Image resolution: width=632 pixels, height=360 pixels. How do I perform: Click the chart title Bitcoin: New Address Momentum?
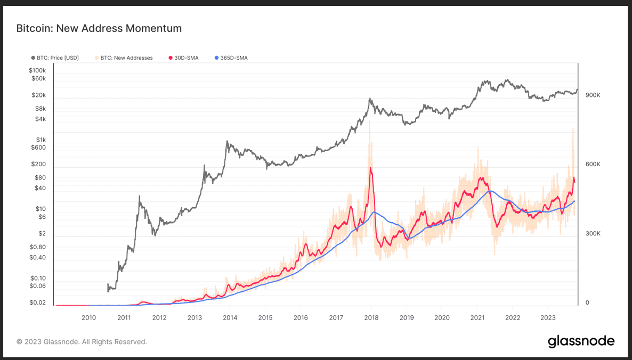(x=99, y=29)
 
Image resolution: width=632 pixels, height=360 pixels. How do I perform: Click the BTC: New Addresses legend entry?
(x=126, y=58)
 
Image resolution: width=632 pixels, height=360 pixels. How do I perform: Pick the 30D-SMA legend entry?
(x=186, y=58)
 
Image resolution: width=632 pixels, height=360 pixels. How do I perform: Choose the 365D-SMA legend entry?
(x=233, y=58)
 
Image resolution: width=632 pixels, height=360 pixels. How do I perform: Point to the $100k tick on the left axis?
(x=37, y=70)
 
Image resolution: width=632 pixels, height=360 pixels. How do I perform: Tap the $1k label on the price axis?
(x=40, y=140)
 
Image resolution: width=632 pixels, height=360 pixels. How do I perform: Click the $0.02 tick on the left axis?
(x=37, y=302)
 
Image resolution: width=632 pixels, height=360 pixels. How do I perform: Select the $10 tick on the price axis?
(x=40, y=209)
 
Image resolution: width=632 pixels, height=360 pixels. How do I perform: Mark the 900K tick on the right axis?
(x=593, y=95)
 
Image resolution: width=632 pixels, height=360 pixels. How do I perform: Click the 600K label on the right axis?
(x=593, y=164)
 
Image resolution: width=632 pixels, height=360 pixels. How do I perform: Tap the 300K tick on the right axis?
(x=593, y=233)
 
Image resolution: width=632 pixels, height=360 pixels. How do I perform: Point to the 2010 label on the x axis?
(x=88, y=318)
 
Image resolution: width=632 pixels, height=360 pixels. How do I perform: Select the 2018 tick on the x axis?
(x=371, y=318)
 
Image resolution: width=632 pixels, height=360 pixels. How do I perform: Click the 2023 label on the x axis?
(x=548, y=318)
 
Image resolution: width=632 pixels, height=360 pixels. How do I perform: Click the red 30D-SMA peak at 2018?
(x=370, y=168)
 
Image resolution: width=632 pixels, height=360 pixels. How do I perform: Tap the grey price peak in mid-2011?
(x=140, y=197)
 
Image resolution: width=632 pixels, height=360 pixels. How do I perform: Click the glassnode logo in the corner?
(x=581, y=341)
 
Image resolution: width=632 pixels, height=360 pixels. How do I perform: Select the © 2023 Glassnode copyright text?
(x=82, y=342)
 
